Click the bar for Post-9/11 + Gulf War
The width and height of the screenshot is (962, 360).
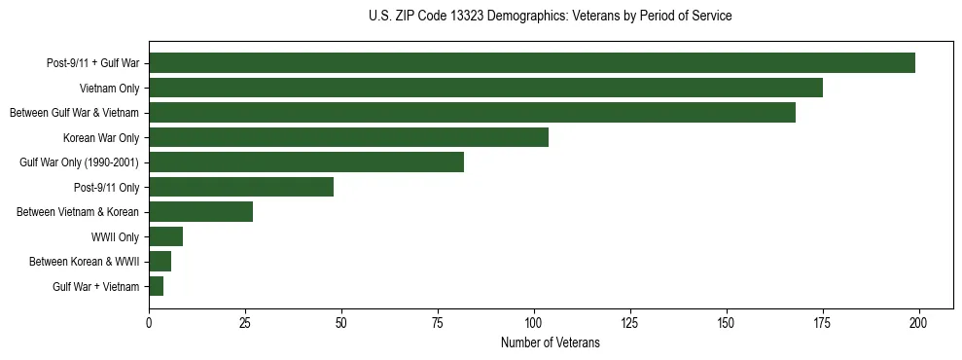tap(532, 63)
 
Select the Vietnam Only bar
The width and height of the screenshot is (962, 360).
tap(485, 88)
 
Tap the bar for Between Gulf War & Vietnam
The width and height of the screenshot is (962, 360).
tap(472, 113)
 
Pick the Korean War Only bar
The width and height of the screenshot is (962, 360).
tap(348, 137)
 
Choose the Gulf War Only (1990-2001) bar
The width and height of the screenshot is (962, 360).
tap(306, 162)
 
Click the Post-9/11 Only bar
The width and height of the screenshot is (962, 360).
tap(241, 187)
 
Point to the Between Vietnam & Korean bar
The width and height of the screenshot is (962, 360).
tap(200, 212)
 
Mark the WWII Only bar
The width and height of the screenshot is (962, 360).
tap(166, 236)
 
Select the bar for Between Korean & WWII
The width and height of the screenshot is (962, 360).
tap(160, 262)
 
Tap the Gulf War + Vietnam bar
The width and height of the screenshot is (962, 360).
tap(157, 286)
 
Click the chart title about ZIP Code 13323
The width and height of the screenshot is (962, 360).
tap(551, 17)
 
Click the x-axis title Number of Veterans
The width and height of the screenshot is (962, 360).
tap(551, 343)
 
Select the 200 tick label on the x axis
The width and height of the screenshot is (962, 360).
tap(919, 322)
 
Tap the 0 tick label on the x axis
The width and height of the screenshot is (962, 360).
tap(149, 322)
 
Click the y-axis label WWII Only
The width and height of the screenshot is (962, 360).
tap(115, 236)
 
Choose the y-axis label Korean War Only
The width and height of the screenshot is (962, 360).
tap(101, 137)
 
